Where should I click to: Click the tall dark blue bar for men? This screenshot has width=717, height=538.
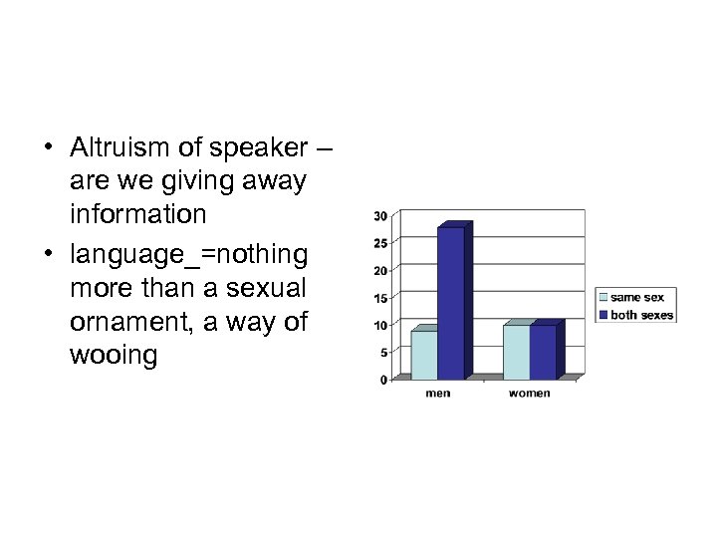[451, 303]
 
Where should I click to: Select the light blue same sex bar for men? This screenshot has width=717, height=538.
[424, 355]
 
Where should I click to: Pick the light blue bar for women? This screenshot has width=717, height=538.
[516, 353]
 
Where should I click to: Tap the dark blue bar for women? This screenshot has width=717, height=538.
[543, 353]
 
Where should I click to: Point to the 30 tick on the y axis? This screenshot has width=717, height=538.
[380, 216]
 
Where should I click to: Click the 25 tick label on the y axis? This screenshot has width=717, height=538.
[380, 243]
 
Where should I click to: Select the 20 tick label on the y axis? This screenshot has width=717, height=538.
[380, 271]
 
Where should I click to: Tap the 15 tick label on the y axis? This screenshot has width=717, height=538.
[380, 298]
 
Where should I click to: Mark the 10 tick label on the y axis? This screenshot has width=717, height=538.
[380, 325]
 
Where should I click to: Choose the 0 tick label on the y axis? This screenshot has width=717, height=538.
[383, 380]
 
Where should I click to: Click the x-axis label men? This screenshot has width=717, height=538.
[437, 394]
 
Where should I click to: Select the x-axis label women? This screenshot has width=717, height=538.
[529, 394]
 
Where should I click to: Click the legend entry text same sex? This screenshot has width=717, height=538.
[637, 297]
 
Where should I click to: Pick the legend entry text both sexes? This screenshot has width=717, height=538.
[641, 315]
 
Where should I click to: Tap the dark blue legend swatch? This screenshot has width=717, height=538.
[602, 315]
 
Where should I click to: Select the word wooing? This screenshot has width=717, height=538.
[114, 356]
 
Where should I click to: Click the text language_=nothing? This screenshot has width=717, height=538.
[189, 253]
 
